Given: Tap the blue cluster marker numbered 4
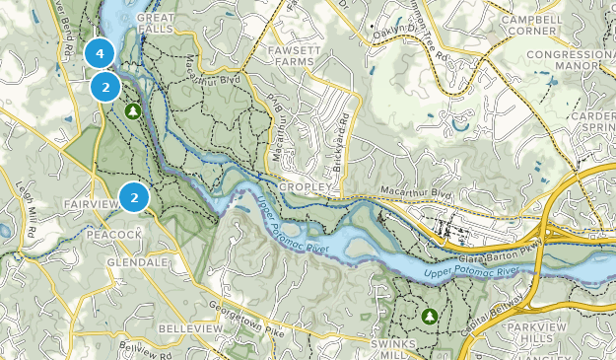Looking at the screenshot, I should tap(100, 53).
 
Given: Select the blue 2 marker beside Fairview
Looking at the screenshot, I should tap(134, 198).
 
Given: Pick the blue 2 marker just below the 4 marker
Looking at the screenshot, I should tap(105, 87).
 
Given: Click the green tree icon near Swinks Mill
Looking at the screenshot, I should tap(430, 316).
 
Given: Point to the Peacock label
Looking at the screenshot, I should tap(114, 235).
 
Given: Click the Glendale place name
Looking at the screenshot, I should tap(137, 263).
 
